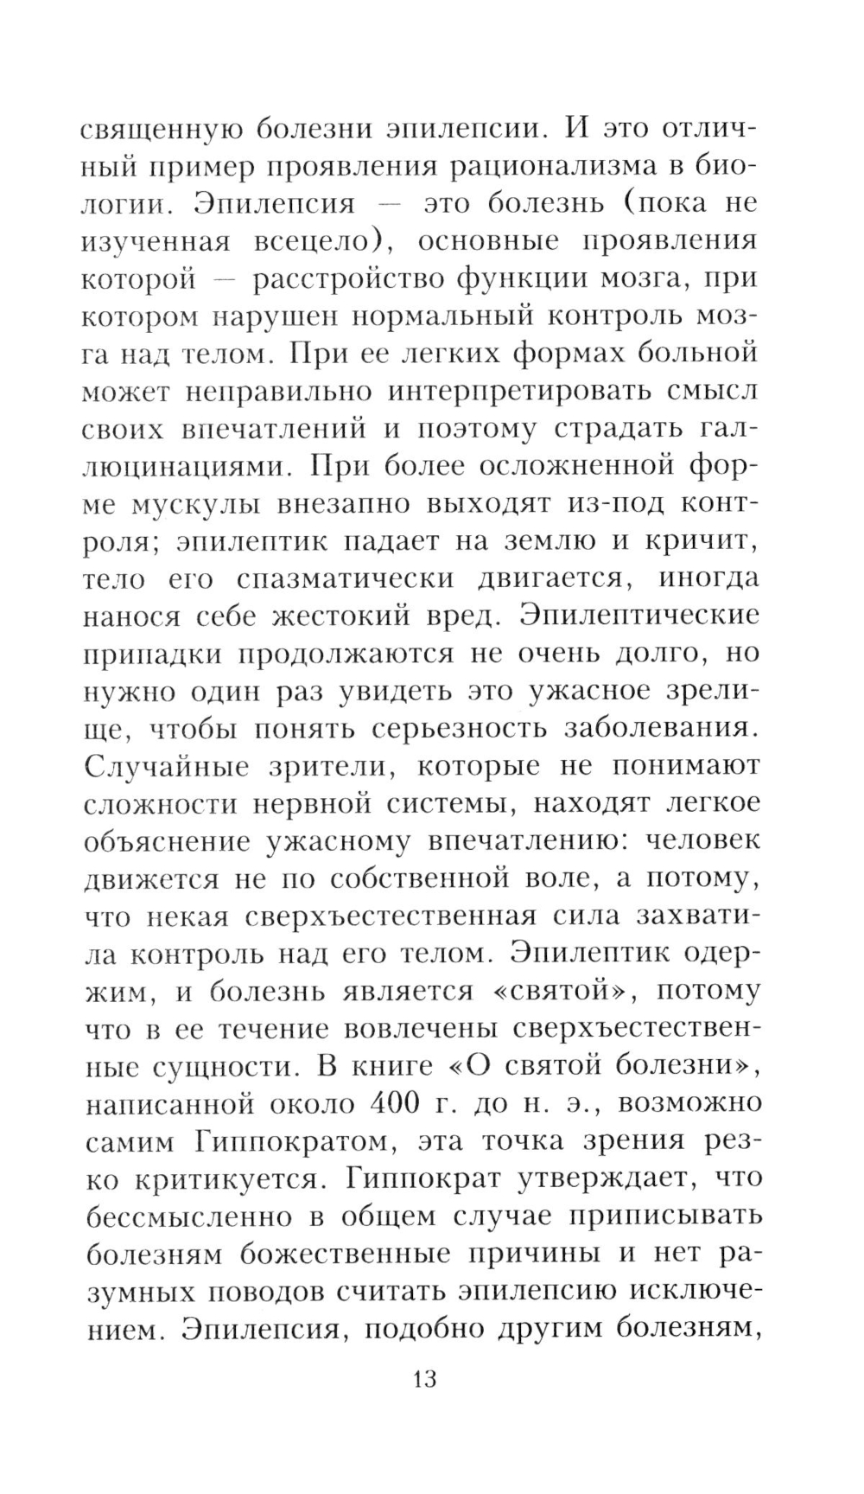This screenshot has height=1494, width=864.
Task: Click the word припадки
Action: click(152, 654)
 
